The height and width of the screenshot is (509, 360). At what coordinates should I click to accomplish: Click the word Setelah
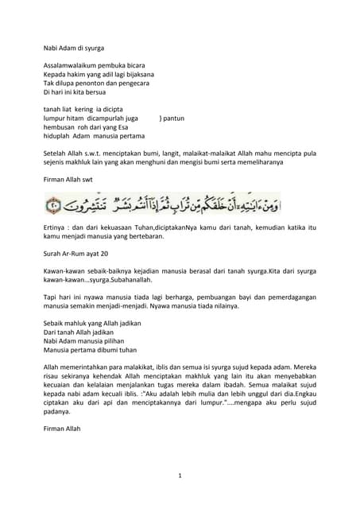click(x=56, y=149)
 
